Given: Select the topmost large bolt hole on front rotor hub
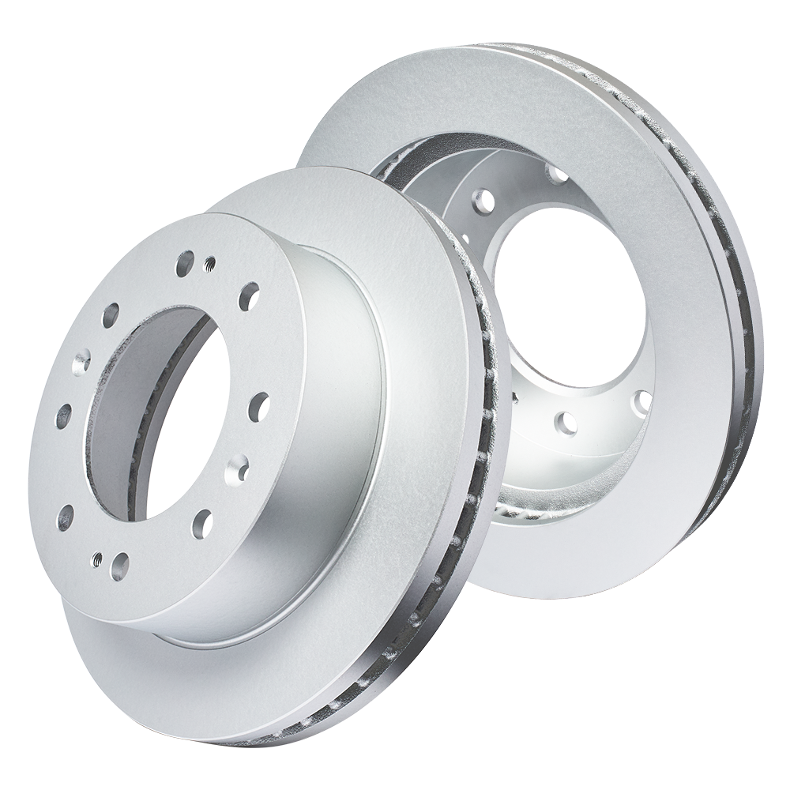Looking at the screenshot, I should point(186,260).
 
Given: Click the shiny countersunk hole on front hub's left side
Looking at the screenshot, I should point(81,363).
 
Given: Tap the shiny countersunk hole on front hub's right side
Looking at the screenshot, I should point(235,469).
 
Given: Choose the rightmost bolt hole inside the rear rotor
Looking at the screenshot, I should point(645,401).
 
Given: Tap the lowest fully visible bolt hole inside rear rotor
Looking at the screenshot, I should point(566,423).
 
